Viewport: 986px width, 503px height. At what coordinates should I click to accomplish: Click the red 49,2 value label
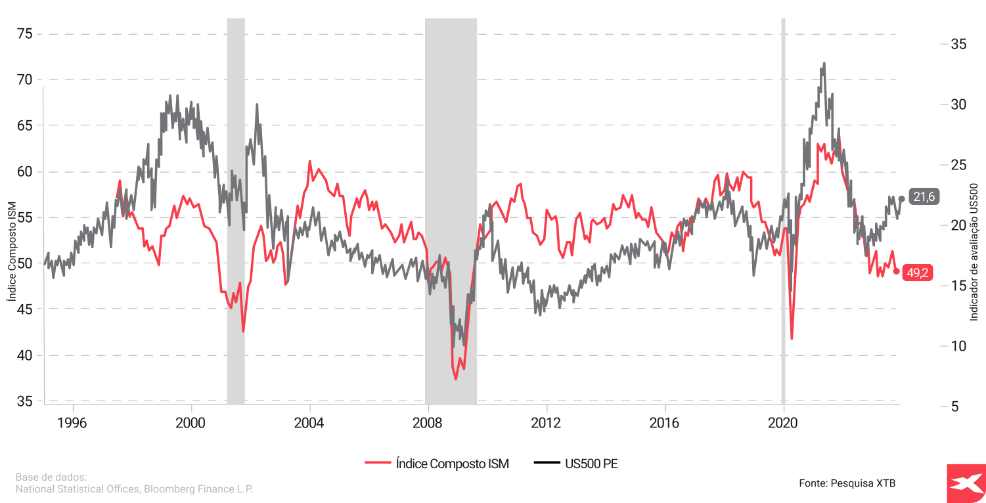[917, 273]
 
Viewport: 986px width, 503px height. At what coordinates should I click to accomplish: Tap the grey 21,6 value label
[923, 198]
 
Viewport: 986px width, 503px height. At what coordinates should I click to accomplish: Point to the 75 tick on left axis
[24, 33]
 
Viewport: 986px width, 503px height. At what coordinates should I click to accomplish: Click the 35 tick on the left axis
[24, 401]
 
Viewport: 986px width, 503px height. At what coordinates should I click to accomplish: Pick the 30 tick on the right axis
[958, 104]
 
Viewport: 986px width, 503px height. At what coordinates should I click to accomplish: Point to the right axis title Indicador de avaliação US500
[974, 252]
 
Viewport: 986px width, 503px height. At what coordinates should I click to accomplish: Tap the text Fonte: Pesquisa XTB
[847, 483]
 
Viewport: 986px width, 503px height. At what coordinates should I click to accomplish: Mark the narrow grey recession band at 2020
[783, 210]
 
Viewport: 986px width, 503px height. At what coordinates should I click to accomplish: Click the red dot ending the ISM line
[897, 271]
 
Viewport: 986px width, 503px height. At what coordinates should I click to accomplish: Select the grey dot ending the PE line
[901, 198]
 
